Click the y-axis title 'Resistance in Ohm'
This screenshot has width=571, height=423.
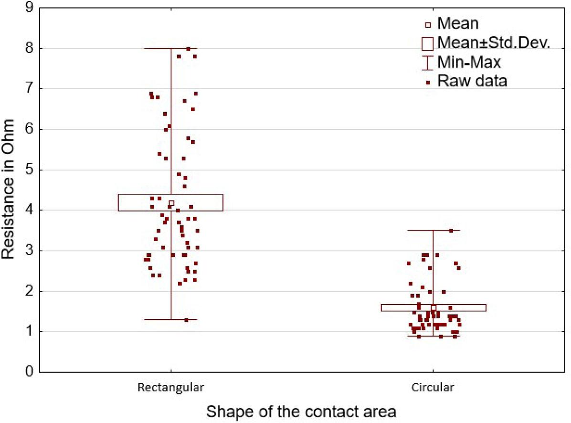coord(9,190)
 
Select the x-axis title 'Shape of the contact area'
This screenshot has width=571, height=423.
coord(301,411)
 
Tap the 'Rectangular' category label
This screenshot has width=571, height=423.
coord(170,387)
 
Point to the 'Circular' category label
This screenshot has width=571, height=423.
coord(433,387)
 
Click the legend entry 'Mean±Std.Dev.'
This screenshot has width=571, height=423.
coord(494,43)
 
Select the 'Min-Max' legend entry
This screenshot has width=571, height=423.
coord(469,62)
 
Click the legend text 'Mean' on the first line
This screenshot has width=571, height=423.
coord(458,23)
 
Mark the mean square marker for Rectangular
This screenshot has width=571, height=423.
coord(171,203)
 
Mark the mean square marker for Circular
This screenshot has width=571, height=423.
coord(434,307)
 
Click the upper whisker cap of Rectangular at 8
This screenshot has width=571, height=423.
coord(171,49)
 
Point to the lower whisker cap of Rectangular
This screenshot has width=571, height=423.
coord(171,319)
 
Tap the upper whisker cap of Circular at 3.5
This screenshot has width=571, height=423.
coord(433,231)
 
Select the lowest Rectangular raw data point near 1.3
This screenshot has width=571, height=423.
coord(186,320)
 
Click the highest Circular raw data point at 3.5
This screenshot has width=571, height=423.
coord(451,231)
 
